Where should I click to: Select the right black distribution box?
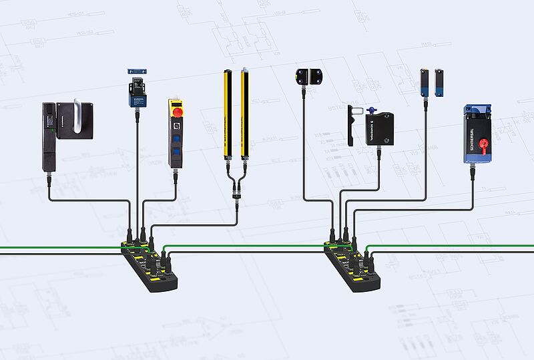click(352, 267)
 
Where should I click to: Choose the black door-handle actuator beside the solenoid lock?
click(349, 125)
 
